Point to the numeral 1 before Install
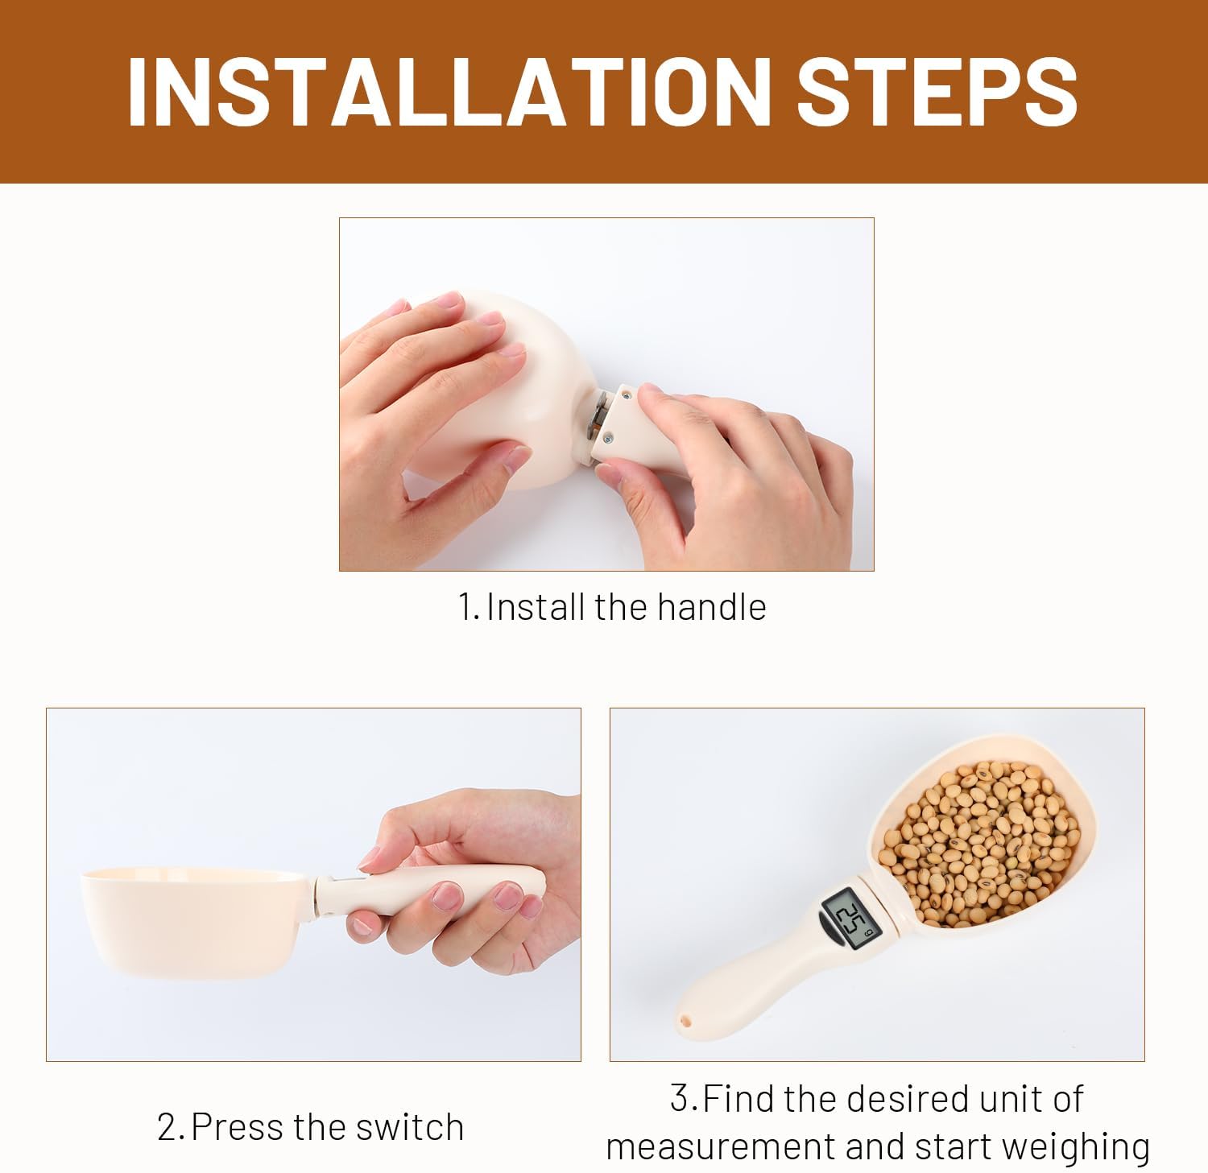tap(465, 607)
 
